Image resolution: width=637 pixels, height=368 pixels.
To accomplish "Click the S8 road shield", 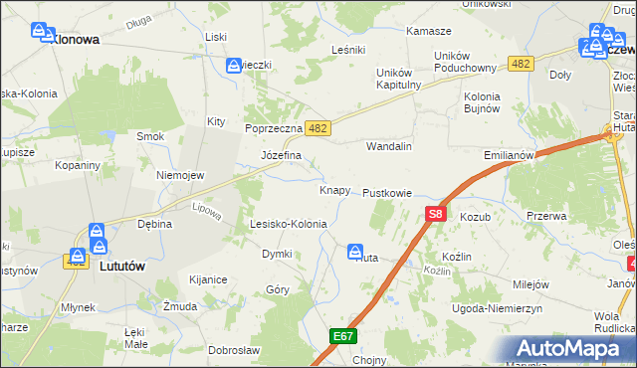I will coord(435,213).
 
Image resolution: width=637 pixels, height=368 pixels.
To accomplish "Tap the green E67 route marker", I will coord(343,337).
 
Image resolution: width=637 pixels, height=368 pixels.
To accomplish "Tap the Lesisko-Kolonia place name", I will coord(288,224).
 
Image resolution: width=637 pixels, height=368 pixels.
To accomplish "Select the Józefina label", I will coord(281,156).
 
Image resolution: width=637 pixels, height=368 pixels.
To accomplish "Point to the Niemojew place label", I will coord(180,175).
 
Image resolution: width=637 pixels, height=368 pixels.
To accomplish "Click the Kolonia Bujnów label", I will coord(480,102).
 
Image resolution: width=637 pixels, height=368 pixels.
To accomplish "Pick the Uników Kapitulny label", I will coord(400,79).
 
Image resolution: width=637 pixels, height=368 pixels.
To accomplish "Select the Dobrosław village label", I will coord(234,350).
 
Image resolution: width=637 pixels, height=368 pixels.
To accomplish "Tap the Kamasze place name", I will coord(429,32).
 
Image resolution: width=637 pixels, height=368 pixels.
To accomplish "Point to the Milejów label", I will coord(531,284).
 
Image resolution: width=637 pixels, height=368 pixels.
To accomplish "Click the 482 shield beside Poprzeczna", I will coord(318,128).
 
